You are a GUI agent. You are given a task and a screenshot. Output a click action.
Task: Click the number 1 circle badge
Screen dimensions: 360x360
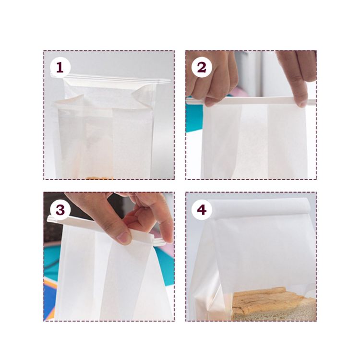(x=60, y=68)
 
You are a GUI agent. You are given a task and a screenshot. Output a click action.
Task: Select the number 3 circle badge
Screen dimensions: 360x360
(x=60, y=210)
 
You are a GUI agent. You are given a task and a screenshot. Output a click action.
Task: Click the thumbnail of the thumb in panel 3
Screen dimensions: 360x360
(x=124, y=236)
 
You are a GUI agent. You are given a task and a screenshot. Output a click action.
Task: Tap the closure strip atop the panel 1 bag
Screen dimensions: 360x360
(x=115, y=79)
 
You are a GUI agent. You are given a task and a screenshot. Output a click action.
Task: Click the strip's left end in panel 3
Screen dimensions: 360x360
(x=52, y=219)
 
